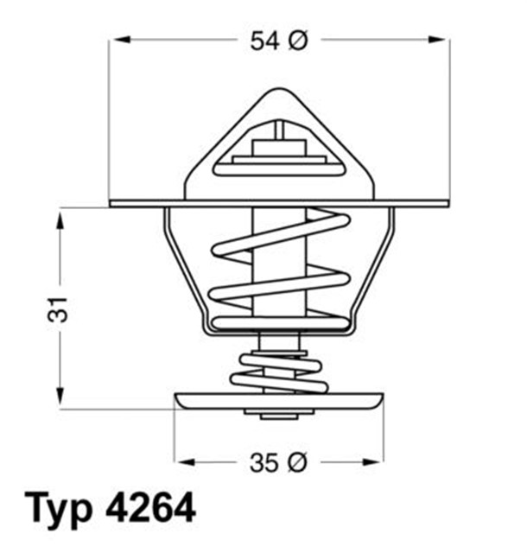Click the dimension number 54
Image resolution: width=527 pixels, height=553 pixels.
pos(264,40)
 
